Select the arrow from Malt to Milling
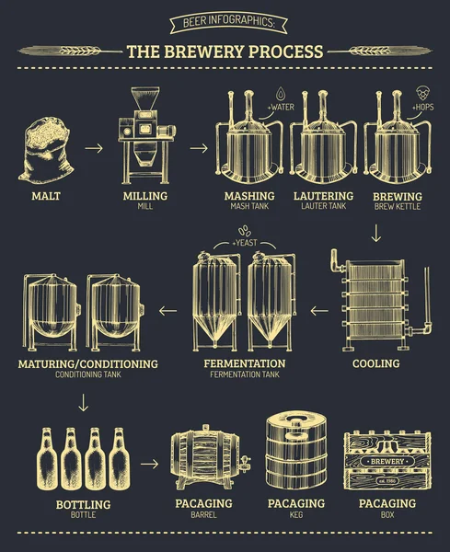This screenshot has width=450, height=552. [x=93, y=146]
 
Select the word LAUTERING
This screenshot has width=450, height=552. [x=323, y=197]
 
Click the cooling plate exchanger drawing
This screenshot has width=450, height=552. [x=374, y=303]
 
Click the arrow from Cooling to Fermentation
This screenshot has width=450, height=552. [x=319, y=311]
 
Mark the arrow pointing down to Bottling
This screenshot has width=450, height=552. [x=84, y=401]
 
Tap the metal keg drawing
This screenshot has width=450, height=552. [x=295, y=451]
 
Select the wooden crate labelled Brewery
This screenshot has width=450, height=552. [x=378, y=459]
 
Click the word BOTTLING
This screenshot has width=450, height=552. [x=83, y=504]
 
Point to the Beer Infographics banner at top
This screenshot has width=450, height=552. [x=224, y=22]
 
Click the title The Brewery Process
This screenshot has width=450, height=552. [x=224, y=52]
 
